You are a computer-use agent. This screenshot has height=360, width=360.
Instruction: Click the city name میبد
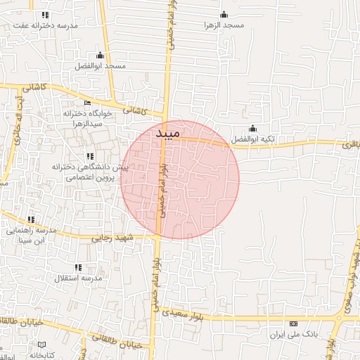coord(167,132)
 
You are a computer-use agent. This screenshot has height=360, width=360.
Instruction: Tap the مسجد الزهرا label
coord(224,25)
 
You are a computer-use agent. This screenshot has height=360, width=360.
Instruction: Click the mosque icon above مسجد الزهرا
coord(224,14)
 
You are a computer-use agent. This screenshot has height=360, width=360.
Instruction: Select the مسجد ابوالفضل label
coord(100,65)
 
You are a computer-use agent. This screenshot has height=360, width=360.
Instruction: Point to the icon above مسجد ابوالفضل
coord(100,55)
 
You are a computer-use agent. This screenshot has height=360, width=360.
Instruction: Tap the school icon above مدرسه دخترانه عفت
coord(46,14)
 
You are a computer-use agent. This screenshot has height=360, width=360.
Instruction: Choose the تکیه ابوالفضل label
coord(253,139)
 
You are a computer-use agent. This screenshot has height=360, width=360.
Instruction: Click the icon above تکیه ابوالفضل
coord(253,128)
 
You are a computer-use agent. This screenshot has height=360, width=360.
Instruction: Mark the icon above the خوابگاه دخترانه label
coord(87,103)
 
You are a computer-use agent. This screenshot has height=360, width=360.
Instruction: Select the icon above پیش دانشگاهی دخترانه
coord(89,156)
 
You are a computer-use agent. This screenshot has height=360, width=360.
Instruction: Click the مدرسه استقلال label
coord(78,278)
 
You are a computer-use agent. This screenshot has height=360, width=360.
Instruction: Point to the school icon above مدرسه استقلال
coord(78,267)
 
